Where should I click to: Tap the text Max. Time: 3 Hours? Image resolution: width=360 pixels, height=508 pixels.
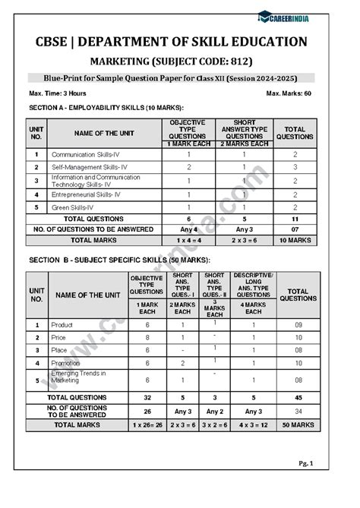[58, 93]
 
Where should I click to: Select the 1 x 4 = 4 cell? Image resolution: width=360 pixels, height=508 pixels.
[188, 239]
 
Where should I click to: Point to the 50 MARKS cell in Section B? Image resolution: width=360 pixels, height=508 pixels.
[298, 424]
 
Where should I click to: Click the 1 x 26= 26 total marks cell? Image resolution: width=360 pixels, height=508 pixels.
[147, 424]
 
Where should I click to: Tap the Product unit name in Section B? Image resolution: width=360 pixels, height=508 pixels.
[62, 324]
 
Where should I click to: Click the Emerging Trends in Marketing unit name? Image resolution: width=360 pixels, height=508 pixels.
[78, 377]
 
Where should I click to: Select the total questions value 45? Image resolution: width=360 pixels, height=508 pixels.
[298, 396]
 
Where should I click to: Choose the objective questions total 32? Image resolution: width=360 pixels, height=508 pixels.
[147, 396]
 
